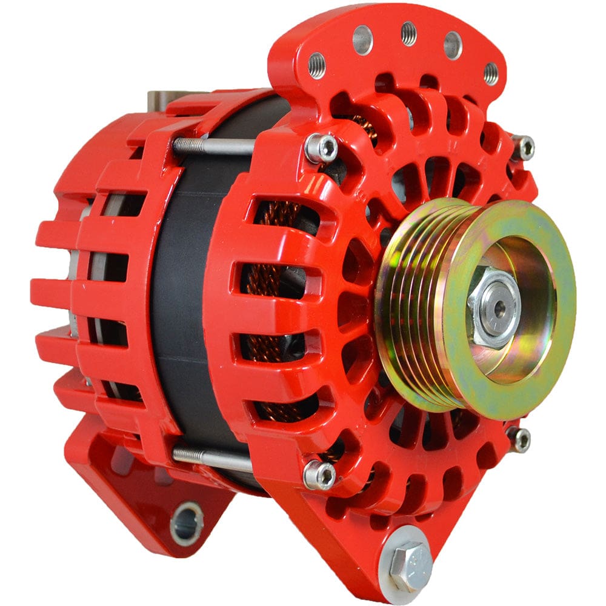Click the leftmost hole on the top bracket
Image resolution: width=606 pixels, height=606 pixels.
click(x=316, y=65)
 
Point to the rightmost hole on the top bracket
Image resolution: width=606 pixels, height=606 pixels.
click(x=491, y=73)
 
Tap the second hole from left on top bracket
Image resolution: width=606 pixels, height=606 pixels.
click(x=362, y=40)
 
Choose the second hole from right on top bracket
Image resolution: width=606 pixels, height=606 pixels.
click(x=453, y=45)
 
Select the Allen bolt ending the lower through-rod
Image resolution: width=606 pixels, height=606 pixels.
click(x=319, y=474)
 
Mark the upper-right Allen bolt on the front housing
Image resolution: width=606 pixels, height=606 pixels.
click(x=522, y=147)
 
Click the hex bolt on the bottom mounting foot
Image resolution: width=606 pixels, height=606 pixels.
click(x=410, y=563)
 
